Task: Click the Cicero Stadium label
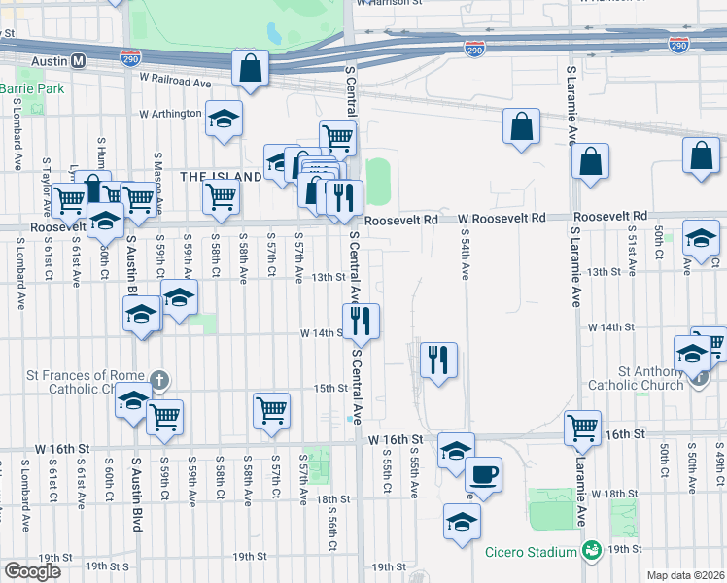pyautogui.click(x=531, y=552)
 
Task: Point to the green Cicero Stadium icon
pyautogui.click(x=591, y=552)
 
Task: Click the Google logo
pyautogui.click(x=31, y=571)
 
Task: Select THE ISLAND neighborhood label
pyautogui.click(x=221, y=176)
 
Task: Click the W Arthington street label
pyautogui.click(x=171, y=114)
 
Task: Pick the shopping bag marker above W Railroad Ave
pyautogui.click(x=250, y=68)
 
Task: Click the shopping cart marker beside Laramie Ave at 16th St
pyautogui.click(x=582, y=428)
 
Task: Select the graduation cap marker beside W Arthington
pyautogui.click(x=225, y=119)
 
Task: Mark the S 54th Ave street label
pyautogui.click(x=466, y=256)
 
